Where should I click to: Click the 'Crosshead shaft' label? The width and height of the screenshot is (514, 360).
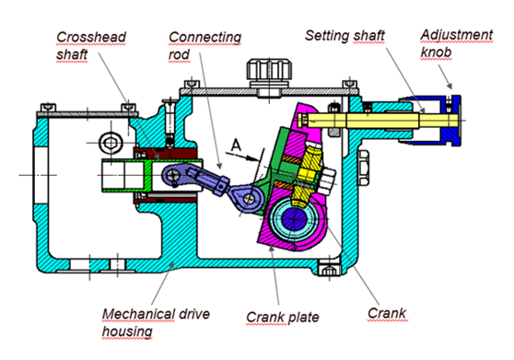point(91,46)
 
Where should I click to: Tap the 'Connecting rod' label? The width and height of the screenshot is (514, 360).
point(204,46)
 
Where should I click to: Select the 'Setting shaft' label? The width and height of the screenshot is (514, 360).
point(345,35)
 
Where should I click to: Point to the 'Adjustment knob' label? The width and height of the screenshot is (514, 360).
point(456,43)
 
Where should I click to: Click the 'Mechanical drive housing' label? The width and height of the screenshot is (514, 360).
point(156,322)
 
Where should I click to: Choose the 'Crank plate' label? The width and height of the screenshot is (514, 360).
point(282,317)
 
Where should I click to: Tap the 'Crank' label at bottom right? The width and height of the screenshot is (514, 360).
point(387,313)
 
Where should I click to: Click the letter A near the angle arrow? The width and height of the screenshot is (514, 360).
point(236,145)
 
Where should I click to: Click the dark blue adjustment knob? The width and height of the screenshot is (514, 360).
point(451,121)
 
